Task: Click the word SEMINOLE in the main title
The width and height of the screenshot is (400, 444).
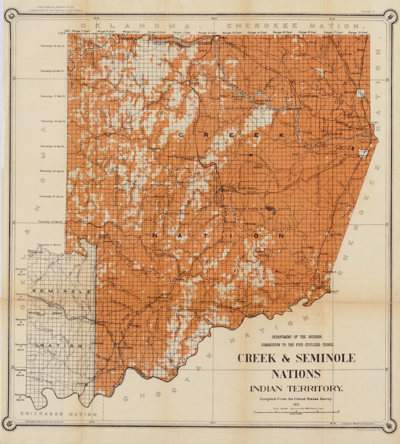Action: point(325,358)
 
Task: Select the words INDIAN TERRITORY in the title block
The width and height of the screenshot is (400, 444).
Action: point(296,388)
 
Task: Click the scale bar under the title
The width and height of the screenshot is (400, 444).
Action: point(296,412)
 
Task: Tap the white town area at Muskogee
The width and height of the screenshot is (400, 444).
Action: point(363,153)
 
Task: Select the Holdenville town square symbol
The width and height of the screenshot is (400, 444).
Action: point(116,346)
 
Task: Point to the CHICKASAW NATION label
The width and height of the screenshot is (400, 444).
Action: point(59,414)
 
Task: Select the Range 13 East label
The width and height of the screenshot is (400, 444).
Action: point(232,33)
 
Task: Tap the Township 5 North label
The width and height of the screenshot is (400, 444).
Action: point(20,397)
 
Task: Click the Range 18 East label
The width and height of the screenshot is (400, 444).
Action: point(358,33)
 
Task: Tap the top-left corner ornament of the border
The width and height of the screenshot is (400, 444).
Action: point(11,15)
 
